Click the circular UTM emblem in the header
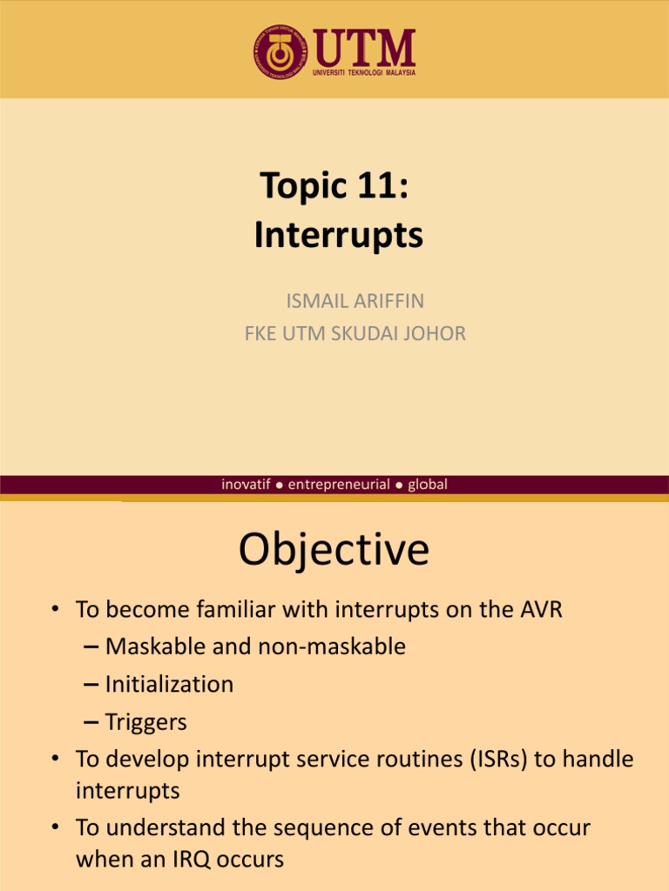click(x=280, y=51)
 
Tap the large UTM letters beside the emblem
click(x=363, y=47)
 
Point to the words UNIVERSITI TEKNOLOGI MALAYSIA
click(x=363, y=72)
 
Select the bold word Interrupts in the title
click(x=339, y=235)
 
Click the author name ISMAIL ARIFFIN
click(x=355, y=302)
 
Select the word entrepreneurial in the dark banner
click(x=339, y=485)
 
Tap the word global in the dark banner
click(x=427, y=485)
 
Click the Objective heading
click(x=334, y=550)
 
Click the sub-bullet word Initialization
click(x=169, y=685)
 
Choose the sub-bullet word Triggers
click(x=145, y=722)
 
